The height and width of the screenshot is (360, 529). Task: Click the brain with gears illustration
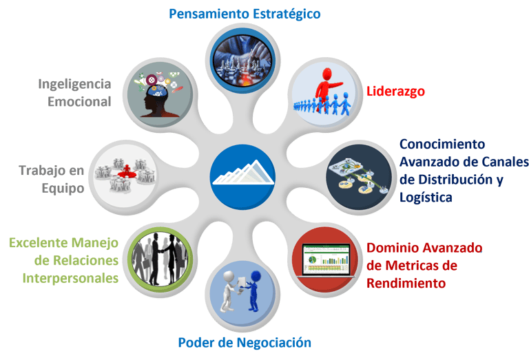pos(160,95)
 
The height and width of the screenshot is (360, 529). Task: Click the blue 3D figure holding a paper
pos(252,289)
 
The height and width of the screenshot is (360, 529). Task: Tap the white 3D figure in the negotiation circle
pos(228,293)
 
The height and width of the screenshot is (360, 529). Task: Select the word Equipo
pos(62,187)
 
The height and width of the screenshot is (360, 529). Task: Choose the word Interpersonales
pos(72,279)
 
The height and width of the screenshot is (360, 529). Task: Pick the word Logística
pos(426,197)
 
